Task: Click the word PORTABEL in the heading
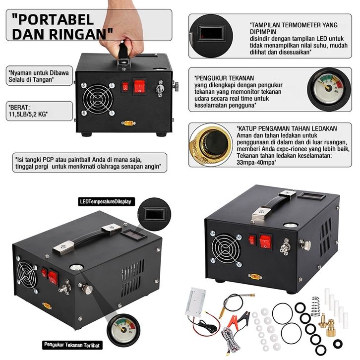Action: coord(53,19)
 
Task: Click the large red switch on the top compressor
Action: coord(139,86)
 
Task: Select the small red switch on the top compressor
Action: coord(125,87)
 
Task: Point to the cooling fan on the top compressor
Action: coord(98,99)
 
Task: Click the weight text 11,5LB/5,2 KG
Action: coord(28,114)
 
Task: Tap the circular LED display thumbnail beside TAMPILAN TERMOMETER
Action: coord(211,36)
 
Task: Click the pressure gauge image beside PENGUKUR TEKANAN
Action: coord(329,89)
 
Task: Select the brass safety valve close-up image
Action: coord(211,144)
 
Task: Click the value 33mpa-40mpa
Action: coord(256,163)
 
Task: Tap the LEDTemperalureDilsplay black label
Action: coord(106,202)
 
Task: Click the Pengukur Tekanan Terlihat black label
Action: coord(72,345)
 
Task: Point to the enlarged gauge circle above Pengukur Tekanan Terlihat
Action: coord(123,330)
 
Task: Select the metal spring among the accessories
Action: coord(315,306)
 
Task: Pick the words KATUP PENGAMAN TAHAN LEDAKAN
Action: coord(287,128)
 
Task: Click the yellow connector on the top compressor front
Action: coord(128,123)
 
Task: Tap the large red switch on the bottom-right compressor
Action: coord(266,241)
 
